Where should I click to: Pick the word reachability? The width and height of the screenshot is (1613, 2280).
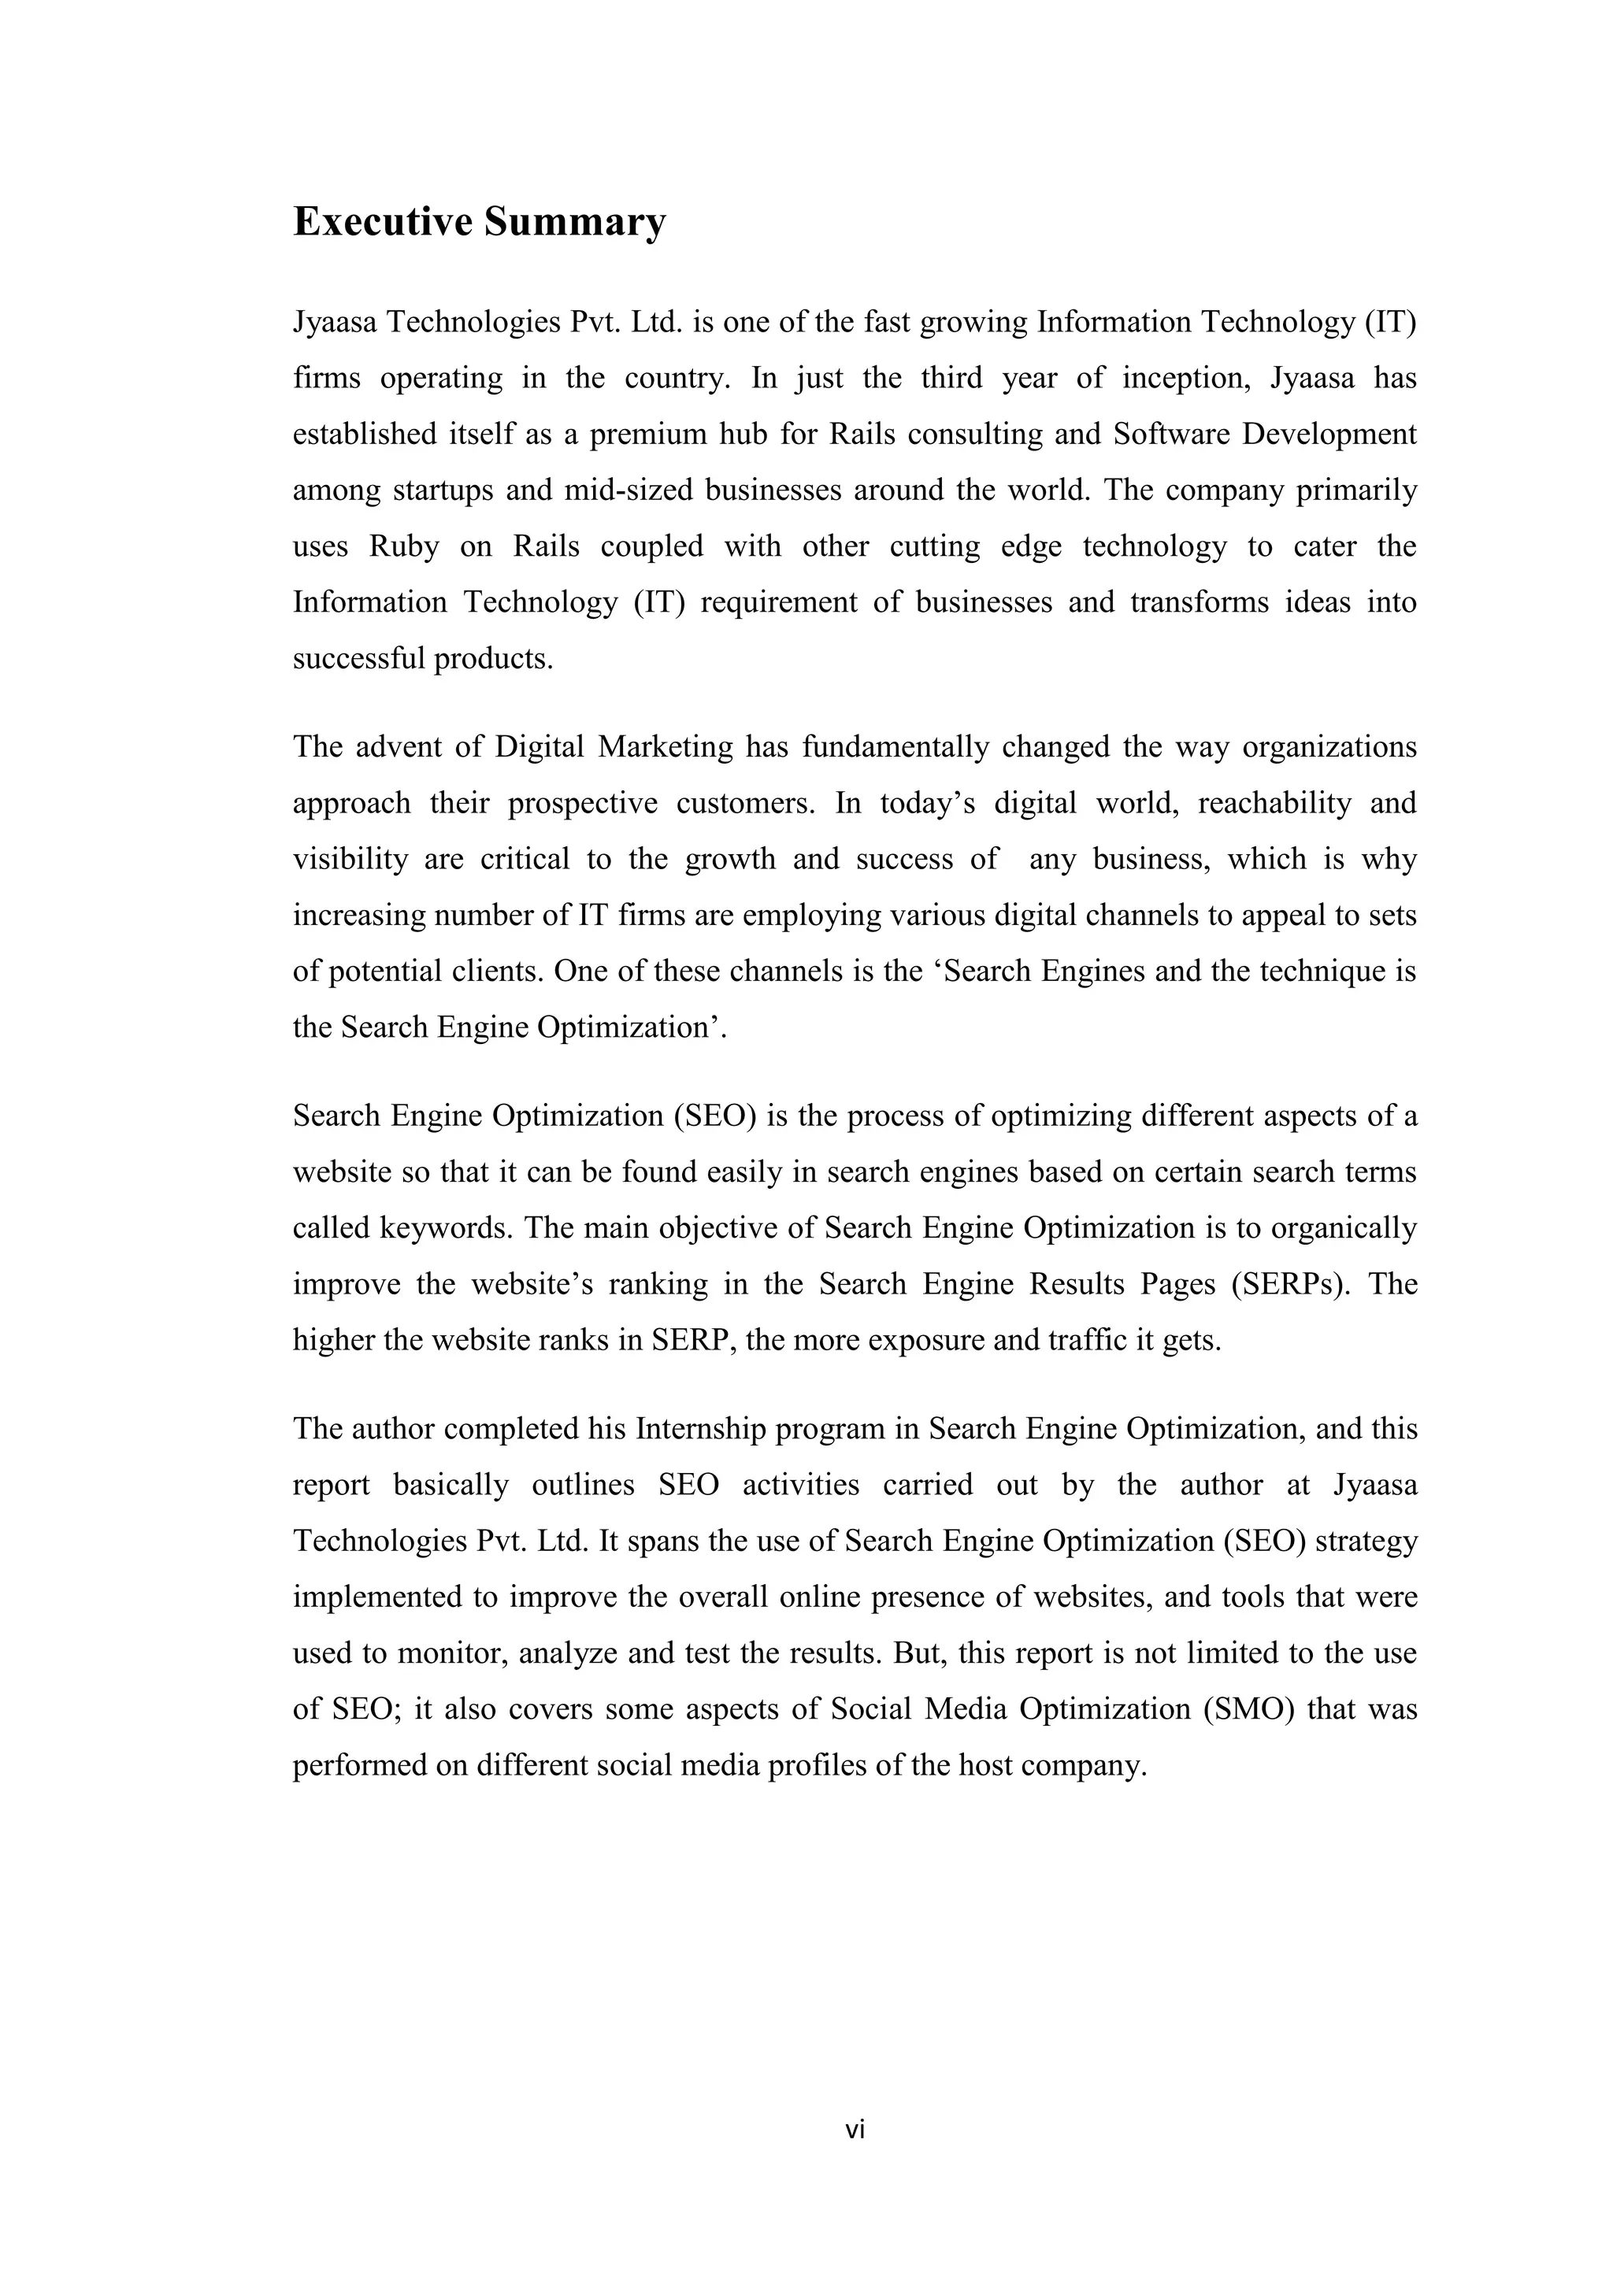click(x=1274, y=803)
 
